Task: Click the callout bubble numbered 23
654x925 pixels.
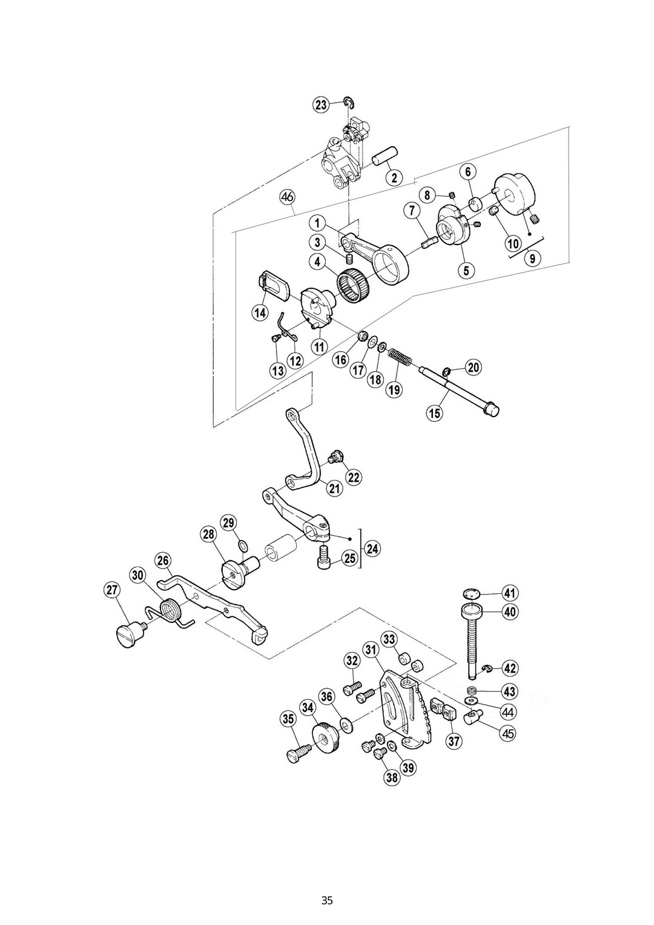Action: [320, 105]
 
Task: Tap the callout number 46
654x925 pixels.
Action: [287, 197]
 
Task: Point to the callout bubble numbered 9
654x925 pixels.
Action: [532, 258]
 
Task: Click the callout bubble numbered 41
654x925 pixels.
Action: [509, 593]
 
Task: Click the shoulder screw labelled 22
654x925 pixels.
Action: [333, 458]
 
